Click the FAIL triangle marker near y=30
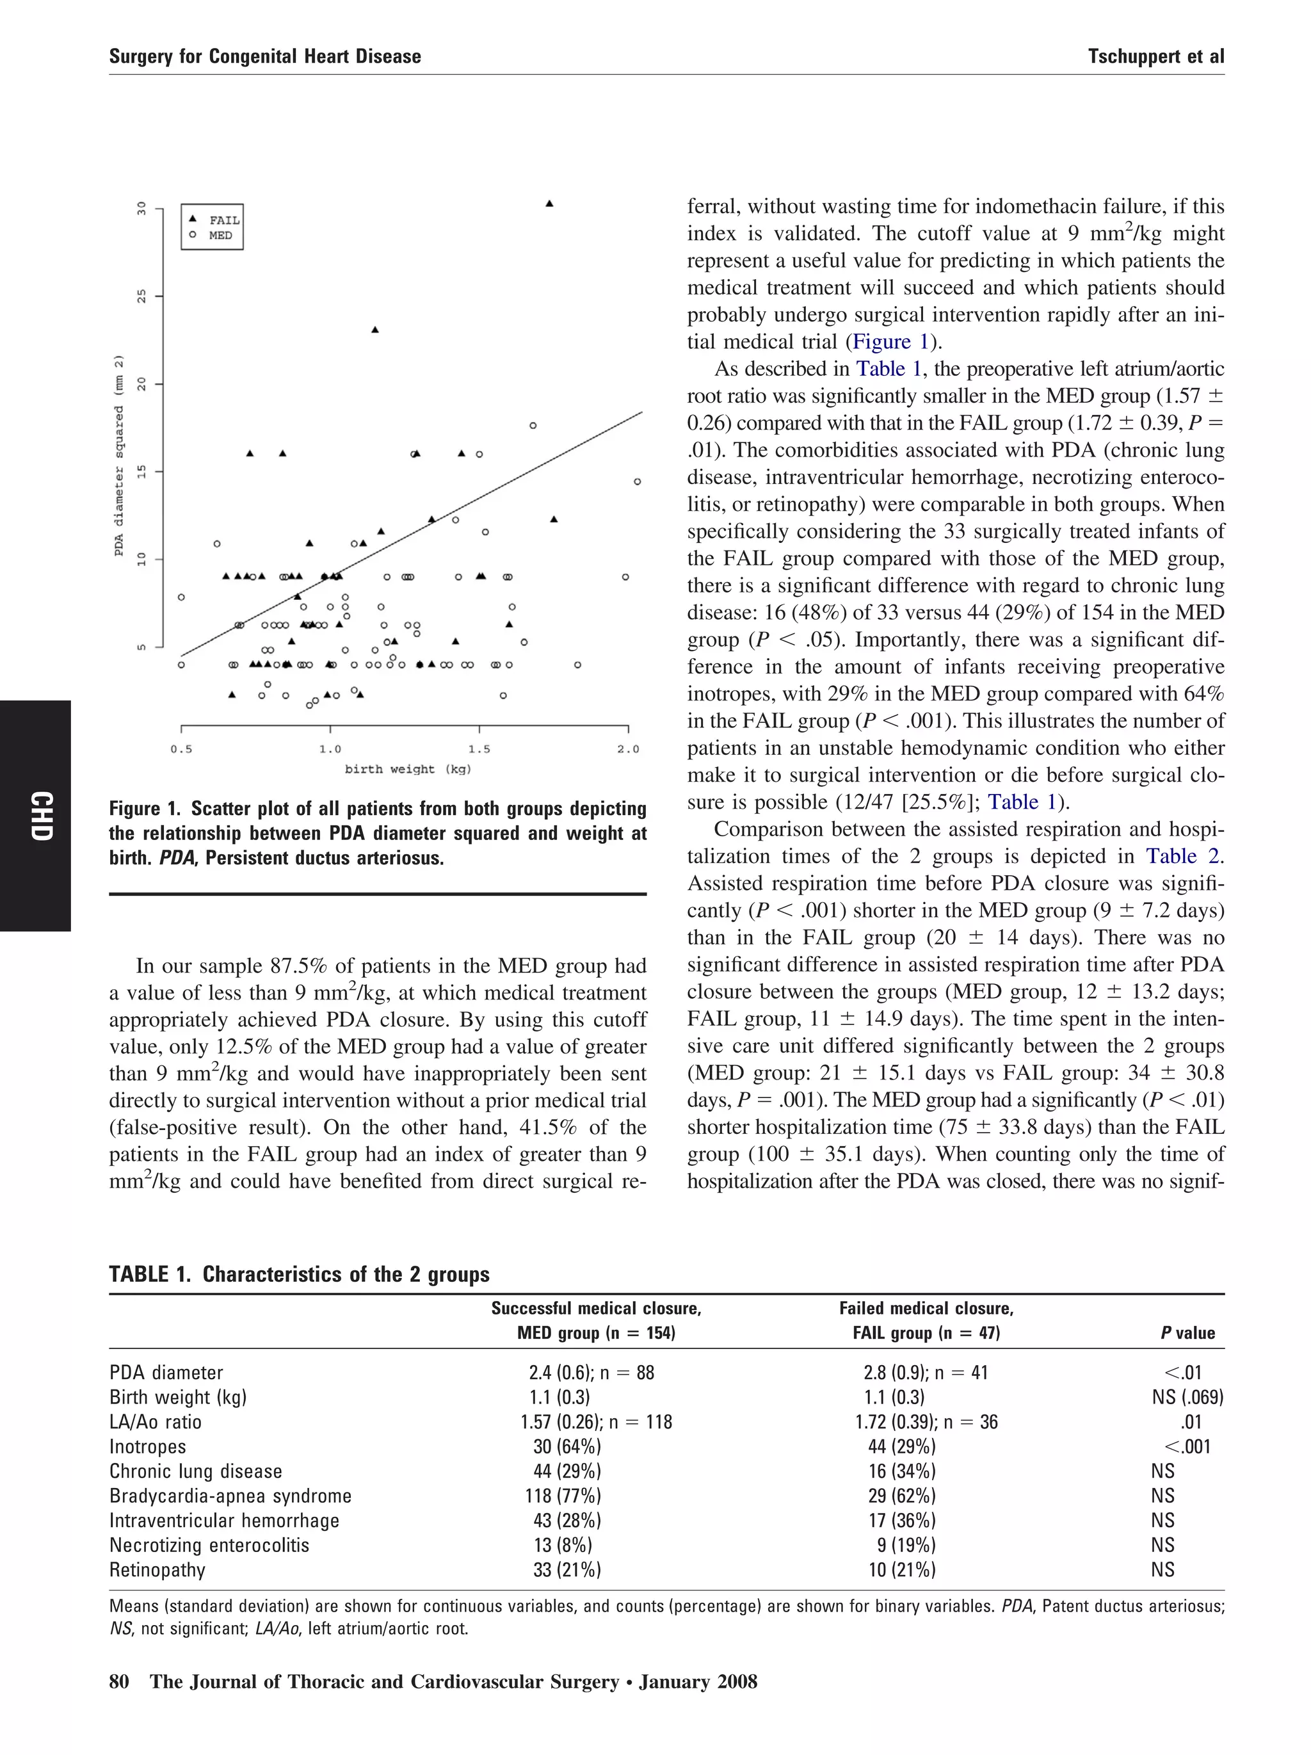549,204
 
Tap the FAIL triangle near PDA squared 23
375,329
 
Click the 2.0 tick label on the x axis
627,749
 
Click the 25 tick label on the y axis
142,296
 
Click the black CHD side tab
36,815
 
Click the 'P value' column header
1187,1333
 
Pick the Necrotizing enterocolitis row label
209,1545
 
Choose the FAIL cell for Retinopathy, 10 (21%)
902,1569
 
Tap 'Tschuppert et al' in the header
1155,56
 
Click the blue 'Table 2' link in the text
1182,856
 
